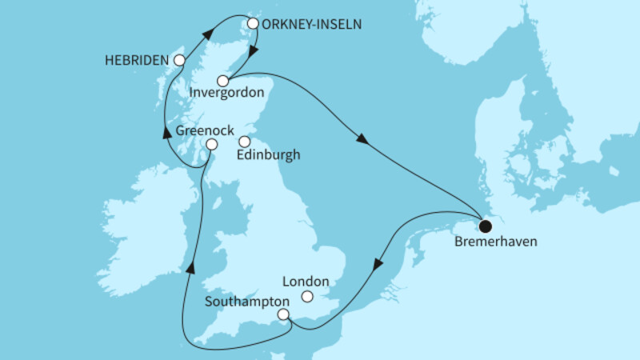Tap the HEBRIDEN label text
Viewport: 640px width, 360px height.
[136, 60]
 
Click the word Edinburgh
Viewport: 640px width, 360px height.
[270, 156]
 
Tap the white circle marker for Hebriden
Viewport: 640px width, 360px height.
[180, 60]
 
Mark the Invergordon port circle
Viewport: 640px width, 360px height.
[223, 80]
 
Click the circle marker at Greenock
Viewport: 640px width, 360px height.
[211, 144]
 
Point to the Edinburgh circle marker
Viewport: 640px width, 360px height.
[244, 142]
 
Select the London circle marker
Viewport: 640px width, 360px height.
[307, 297]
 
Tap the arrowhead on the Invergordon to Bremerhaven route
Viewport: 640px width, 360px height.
[362, 140]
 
